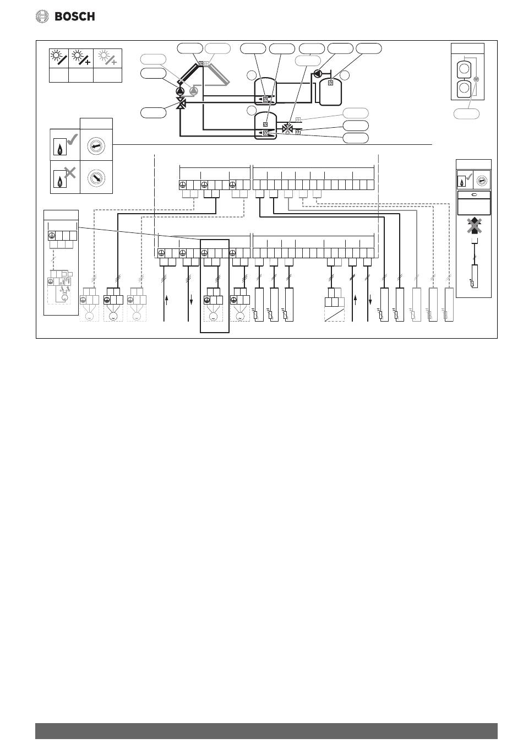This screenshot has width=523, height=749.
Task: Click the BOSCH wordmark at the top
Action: click(x=75, y=17)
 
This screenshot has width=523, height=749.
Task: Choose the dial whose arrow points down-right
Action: click(x=96, y=178)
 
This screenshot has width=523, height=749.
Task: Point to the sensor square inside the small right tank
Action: click(x=330, y=83)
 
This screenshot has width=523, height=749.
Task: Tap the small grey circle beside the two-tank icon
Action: click(x=477, y=79)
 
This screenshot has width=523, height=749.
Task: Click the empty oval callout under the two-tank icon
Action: click(x=466, y=114)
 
